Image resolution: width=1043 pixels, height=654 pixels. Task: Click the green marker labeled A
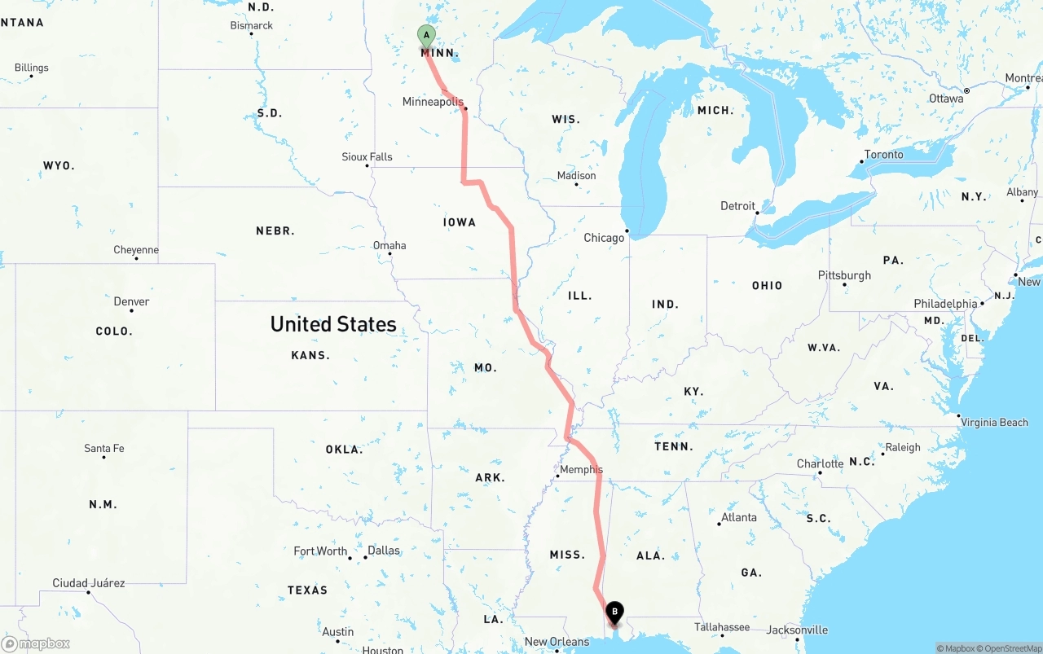coord(425,36)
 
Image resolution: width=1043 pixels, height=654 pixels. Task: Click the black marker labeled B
coord(614,612)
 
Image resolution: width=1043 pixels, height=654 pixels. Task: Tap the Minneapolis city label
coord(433,102)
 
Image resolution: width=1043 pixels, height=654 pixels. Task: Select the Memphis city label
coord(581,469)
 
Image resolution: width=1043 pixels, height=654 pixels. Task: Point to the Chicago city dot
coord(627,230)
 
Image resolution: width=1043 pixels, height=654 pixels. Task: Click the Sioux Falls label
coord(367,156)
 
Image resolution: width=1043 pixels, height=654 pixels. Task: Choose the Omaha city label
coord(389,245)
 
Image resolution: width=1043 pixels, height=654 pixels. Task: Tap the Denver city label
coord(131,301)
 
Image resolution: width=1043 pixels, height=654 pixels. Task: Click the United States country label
coord(333,324)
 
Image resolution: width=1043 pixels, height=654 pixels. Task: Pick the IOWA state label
coord(460,222)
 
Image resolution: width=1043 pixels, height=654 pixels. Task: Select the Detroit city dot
coord(758,213)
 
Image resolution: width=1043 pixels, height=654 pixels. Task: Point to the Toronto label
coord(883,155)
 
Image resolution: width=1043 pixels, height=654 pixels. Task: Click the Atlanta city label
coord(739,517)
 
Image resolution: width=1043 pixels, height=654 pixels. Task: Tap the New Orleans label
coord(557,642)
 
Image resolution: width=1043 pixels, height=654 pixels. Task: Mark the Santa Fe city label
coord(104,449)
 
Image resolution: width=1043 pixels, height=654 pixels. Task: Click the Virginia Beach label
coord(994,423)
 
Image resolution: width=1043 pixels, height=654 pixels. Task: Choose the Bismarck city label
coord(252,25)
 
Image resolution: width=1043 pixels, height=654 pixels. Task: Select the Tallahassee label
coord(722,627)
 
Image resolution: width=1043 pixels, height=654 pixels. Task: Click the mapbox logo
coord(36,644)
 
